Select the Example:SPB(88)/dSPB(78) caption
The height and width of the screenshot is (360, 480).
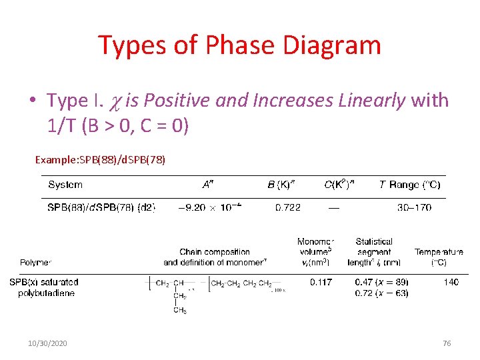[101, 160]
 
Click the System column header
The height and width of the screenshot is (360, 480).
[65, 185]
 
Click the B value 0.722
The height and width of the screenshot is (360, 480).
[288, 207]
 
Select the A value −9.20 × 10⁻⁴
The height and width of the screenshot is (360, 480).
[209, 207]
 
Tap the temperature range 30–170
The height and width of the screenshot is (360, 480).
[414, 207]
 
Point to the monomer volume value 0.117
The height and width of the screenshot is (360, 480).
[321, 283]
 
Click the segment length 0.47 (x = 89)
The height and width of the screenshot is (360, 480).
[381, 283]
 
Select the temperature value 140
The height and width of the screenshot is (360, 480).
[451, 283]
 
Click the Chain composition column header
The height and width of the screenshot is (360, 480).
[215, 257]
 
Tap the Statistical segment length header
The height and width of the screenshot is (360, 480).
[374, 252]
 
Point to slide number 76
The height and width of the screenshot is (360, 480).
[447, 343]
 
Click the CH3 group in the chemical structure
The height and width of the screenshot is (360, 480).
[180, 310]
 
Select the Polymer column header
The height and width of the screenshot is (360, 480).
[35, 263]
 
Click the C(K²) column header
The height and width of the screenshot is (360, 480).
[339, 185]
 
